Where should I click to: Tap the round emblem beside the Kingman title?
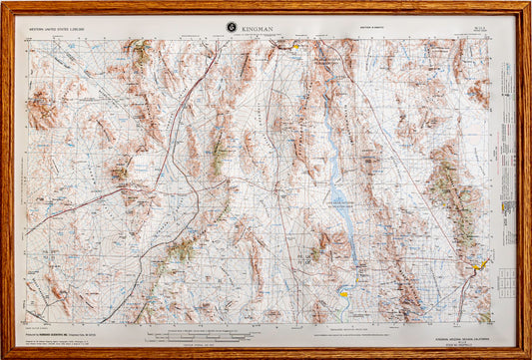232,27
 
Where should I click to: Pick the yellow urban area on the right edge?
481,265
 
